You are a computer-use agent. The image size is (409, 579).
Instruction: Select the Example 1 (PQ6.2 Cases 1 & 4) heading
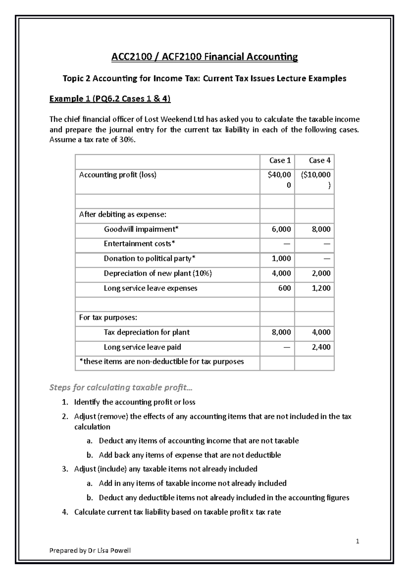coord(110,99)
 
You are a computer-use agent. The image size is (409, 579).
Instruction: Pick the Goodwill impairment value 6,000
coord(281,229)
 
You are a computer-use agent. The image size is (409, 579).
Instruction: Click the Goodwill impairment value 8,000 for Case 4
coord(321,229)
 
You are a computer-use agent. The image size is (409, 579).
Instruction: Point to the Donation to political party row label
coord(150,259)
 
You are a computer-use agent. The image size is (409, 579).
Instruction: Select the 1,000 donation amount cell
coord(281,259)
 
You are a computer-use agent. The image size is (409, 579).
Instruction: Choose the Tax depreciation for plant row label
coord(147,332)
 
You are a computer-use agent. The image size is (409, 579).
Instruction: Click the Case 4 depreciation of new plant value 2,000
coord(321,273)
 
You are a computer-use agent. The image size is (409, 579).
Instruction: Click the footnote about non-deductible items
coord(162,362)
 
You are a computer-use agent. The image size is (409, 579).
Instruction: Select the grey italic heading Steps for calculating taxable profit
coord(121,388)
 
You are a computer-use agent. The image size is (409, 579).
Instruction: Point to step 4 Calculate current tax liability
coord(177,512)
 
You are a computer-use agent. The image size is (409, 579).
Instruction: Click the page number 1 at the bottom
coord(358,541)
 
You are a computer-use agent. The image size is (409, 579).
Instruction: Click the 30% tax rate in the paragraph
coord(127,140)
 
